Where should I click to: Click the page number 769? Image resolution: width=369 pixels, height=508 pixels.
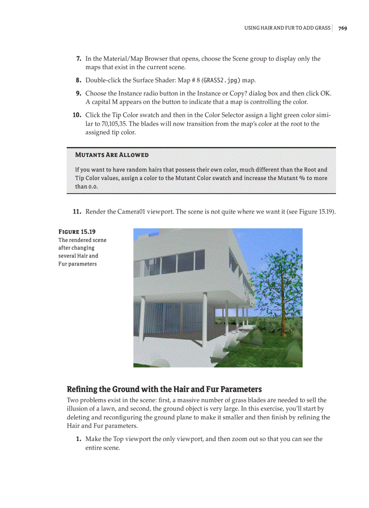(x=342, y=28)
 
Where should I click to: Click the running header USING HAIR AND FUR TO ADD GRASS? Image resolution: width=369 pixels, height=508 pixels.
(x=287, y=28)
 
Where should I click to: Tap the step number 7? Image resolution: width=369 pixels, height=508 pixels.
(x=78, y=59)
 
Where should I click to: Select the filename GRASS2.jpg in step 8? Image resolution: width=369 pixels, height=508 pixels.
(x=220, y=81)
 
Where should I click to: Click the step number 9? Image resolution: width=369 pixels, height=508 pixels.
(x=78, y=93)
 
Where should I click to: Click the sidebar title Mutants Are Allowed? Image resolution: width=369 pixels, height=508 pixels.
(x=111, y=155)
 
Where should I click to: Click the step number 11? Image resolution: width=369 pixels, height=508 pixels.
(x=77, y=212)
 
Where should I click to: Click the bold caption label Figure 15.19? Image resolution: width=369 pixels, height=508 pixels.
(x=77, y=232)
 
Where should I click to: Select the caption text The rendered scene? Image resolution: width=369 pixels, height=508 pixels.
(x=82, y=240)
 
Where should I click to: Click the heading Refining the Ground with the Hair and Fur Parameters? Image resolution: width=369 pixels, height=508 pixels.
(x=164, y=389)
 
